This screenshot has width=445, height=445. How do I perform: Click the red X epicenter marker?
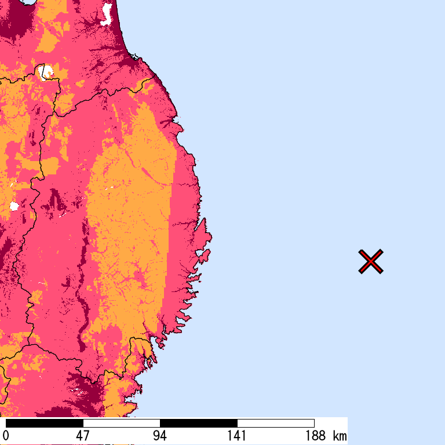[x=371, y=261]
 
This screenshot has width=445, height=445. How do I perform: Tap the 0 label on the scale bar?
[x=6, y=436]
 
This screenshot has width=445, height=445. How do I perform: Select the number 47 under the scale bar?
[x=83, y=436]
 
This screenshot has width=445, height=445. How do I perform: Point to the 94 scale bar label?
[x=160, y=436]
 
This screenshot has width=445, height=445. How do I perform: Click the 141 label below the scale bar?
[x=237, y=436]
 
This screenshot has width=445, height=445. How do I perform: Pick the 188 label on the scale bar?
[x=314, y=436]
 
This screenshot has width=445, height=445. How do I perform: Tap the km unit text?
[x=340, y=436]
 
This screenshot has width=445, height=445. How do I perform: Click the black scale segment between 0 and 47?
[x=44, y=423]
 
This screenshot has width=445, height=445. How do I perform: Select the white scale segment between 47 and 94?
[x=121, y=423]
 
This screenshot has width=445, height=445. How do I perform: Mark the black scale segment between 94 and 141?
[x=198, y=423]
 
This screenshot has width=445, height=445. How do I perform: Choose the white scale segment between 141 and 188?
[x=275, y=423]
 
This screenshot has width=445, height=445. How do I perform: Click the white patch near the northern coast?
[x=107, y=14]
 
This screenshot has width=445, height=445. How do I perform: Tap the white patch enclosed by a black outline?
[x=45, y=72]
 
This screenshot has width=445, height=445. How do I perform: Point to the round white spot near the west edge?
[x=14, y=206]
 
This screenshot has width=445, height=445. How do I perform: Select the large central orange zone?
[x=130, y=232]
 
